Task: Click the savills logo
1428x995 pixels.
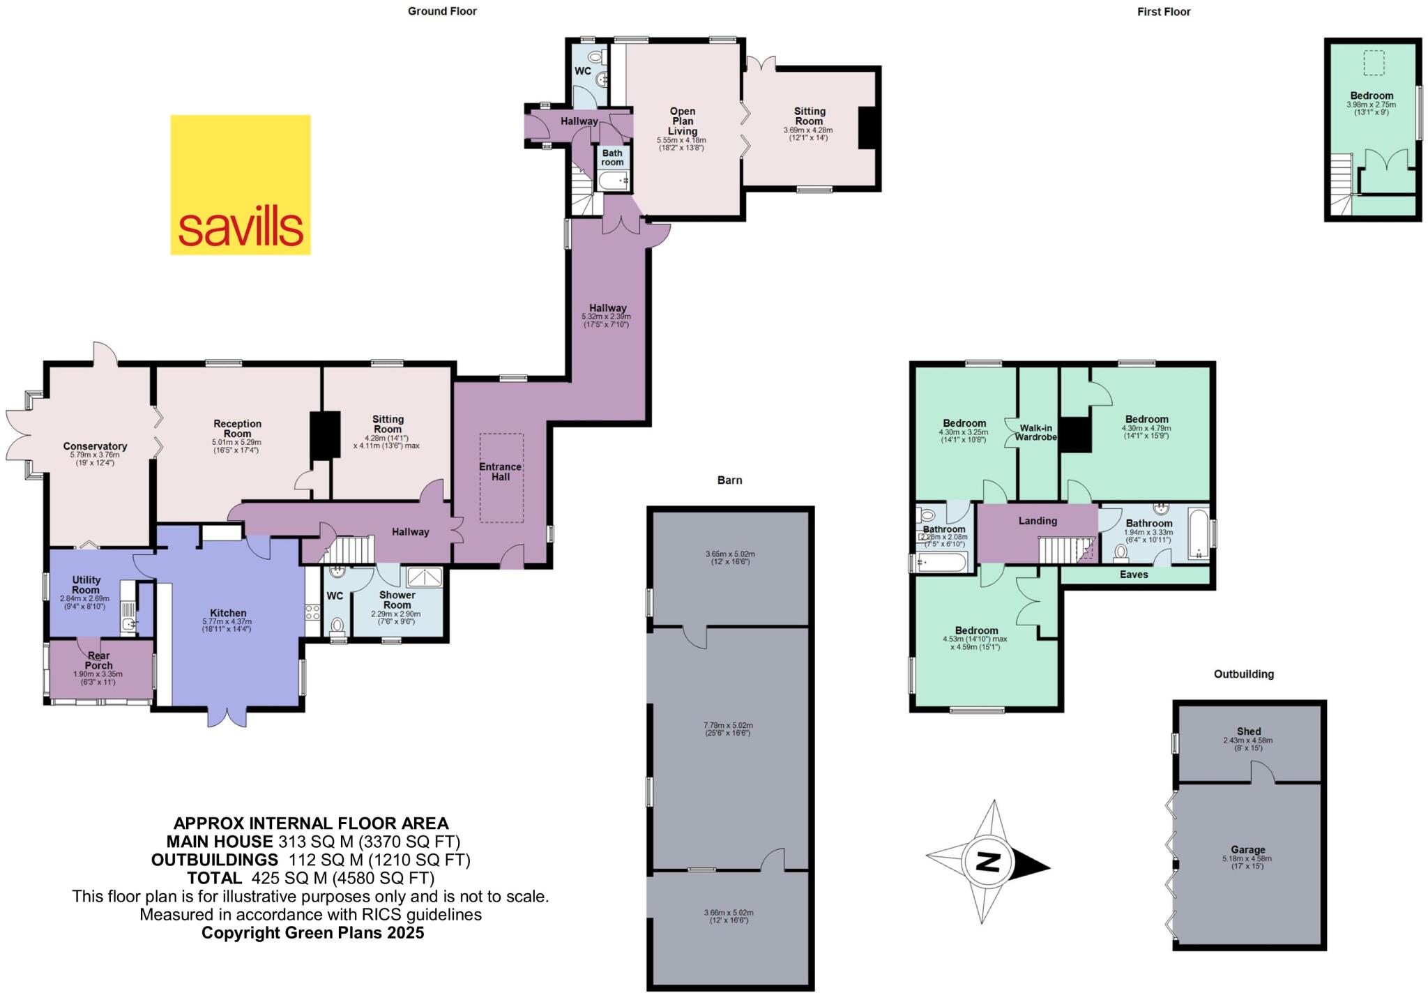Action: click(241, 185)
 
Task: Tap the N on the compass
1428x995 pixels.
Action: click(987, 863)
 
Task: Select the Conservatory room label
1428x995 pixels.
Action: click(95, 446)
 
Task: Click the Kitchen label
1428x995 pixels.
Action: click(228, 613)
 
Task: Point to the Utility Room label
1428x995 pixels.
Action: click(86, 584)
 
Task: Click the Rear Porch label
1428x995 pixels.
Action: click(98, 660)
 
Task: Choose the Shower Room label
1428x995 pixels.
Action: click(397, 600)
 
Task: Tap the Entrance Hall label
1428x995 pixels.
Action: click(500, 472)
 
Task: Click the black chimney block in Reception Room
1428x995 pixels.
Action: click(324, 435)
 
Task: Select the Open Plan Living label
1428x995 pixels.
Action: click(682, 121)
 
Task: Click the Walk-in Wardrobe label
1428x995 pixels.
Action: click(1035, 432)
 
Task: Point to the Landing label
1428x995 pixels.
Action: click(1038, 521)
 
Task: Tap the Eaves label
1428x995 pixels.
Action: click(1134, 575)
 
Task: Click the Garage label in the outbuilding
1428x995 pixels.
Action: click(1247, 850)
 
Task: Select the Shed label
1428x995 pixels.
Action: click(1248, 731)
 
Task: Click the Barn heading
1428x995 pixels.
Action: click(729, 480)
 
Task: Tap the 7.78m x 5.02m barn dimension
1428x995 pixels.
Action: click(728, 725)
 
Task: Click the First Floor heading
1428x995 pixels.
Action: click(1164, 12)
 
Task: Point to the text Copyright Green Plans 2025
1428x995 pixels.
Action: click(312, 933)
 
